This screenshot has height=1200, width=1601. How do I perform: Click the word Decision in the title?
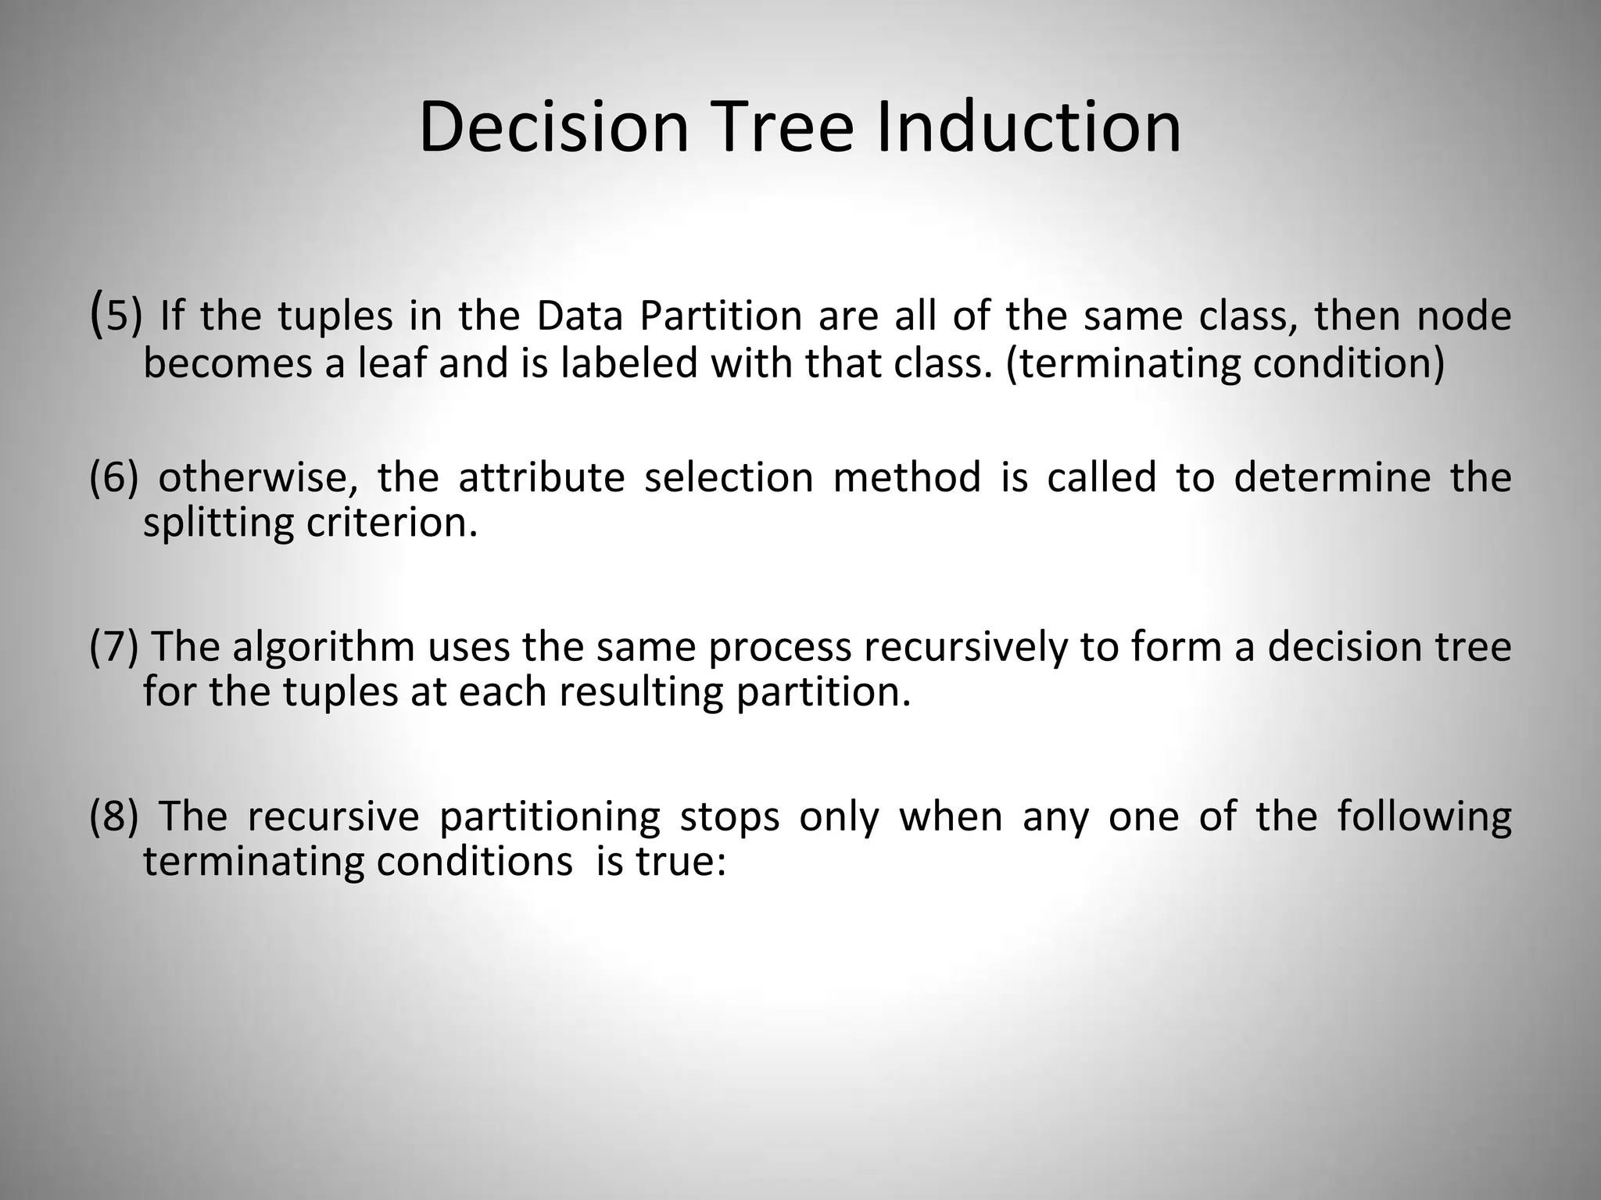coord(553,127)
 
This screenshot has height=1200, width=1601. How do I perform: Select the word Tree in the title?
coord(782,127)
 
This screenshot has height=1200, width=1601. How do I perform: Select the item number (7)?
coord(114,646)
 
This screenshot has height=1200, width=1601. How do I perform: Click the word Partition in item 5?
coord(721,316)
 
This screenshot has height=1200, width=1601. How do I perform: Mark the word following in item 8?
coord(1424,817)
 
